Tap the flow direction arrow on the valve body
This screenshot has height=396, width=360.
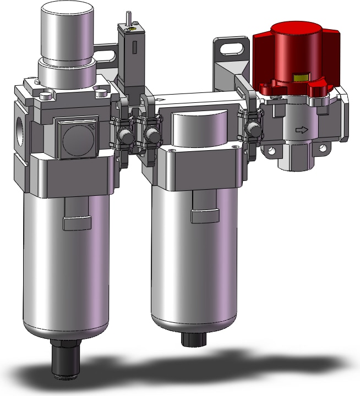[301, 130]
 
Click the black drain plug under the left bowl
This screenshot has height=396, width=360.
[64, 356]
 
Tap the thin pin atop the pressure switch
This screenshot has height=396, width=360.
[127, 19]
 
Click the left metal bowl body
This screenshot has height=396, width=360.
[66, 269]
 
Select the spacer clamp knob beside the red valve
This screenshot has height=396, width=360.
[253, 130]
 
